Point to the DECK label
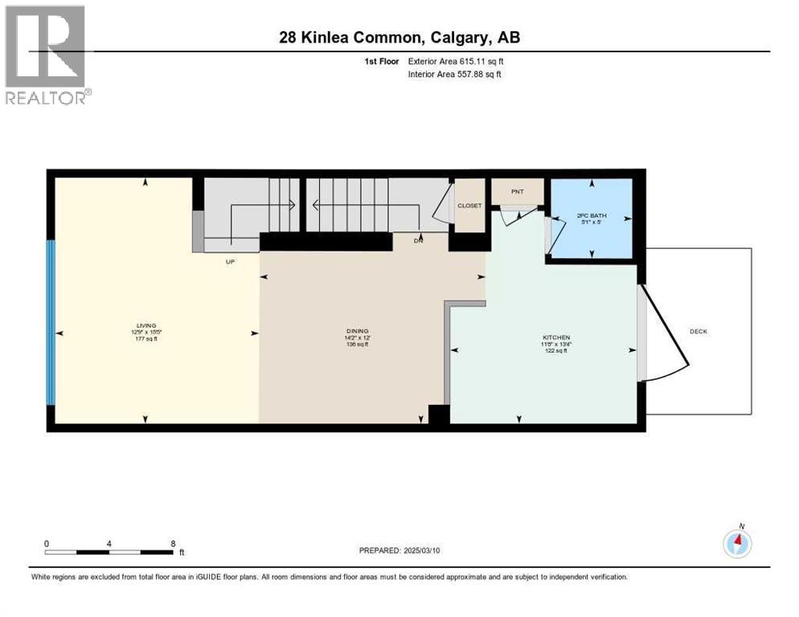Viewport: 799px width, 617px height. point(698,331)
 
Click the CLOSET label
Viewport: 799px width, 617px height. point(469,206)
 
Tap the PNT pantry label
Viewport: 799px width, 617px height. point(517,191)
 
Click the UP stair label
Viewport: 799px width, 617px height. point(230,260)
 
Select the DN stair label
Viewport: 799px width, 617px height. point(418,240)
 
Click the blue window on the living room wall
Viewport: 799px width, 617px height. point(51,322)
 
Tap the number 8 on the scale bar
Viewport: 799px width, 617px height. point(173,543)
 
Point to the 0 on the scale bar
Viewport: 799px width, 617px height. point(47,543)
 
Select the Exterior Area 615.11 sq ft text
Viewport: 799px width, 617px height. point(456,61)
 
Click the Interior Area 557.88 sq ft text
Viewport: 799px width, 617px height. point(456,75)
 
